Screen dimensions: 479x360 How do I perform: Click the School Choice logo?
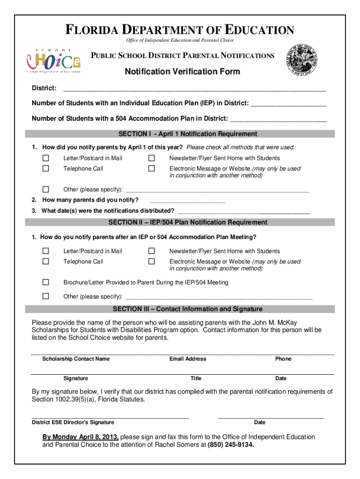53,61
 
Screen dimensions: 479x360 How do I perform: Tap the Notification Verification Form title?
182,72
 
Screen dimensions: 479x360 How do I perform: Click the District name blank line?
194,88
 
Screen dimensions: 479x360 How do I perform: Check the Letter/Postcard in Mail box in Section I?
46,158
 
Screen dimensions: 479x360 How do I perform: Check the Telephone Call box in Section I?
46,168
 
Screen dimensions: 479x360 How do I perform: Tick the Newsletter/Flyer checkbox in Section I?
151,158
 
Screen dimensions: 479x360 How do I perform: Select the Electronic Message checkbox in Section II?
151,261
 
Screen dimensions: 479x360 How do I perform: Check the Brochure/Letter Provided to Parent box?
46,283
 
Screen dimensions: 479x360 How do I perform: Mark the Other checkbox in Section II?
46,296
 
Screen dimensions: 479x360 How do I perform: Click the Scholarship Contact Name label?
76,359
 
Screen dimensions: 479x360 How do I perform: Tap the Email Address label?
187,359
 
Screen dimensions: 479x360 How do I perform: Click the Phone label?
283,359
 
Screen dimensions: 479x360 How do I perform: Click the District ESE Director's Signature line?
110,416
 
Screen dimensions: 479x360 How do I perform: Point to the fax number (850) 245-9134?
231,445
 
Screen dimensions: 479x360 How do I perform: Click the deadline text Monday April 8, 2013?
80,437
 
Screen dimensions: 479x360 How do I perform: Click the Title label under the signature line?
196,378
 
